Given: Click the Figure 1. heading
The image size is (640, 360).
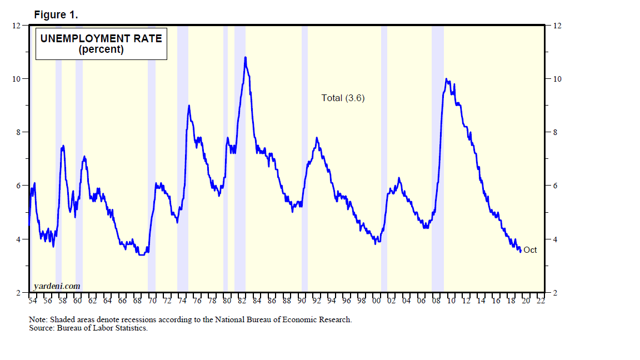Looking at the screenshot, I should pos(56,14).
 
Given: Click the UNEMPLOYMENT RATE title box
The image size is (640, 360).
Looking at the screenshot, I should pos(101,43).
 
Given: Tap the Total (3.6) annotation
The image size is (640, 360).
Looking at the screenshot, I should pos(343,98).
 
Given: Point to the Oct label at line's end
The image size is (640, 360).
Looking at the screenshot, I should pos(530,250).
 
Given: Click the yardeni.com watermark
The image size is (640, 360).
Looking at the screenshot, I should pos(57,286).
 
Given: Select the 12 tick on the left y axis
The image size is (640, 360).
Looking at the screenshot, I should pos(17,26).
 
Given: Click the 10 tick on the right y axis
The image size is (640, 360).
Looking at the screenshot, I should pos(556,79).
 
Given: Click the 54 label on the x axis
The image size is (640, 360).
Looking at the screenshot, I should pos(32,301).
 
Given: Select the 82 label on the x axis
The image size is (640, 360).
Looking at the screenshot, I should pos(242,301).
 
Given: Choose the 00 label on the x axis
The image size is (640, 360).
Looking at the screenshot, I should pos(376,301).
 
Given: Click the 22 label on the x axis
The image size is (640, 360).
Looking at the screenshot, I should pos(541,301).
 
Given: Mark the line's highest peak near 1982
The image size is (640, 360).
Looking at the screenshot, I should pos(245,57).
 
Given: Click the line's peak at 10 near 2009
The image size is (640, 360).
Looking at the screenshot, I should pos(447,79).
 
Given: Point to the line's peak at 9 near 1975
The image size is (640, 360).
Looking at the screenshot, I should pos(189,106).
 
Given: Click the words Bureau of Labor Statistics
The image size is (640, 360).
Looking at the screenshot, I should pos(100,328).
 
